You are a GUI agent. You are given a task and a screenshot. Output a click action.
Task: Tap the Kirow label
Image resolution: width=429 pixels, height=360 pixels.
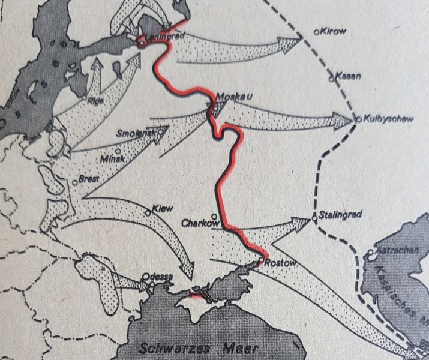coord(334,31)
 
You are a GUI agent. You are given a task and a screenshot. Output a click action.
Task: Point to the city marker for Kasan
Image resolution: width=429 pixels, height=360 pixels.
coord(331,78)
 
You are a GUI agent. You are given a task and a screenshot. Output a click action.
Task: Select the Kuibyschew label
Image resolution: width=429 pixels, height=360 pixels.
coord(388,119)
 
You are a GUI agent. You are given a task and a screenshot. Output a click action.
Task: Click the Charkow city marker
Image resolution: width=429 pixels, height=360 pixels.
coord(214,217)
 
